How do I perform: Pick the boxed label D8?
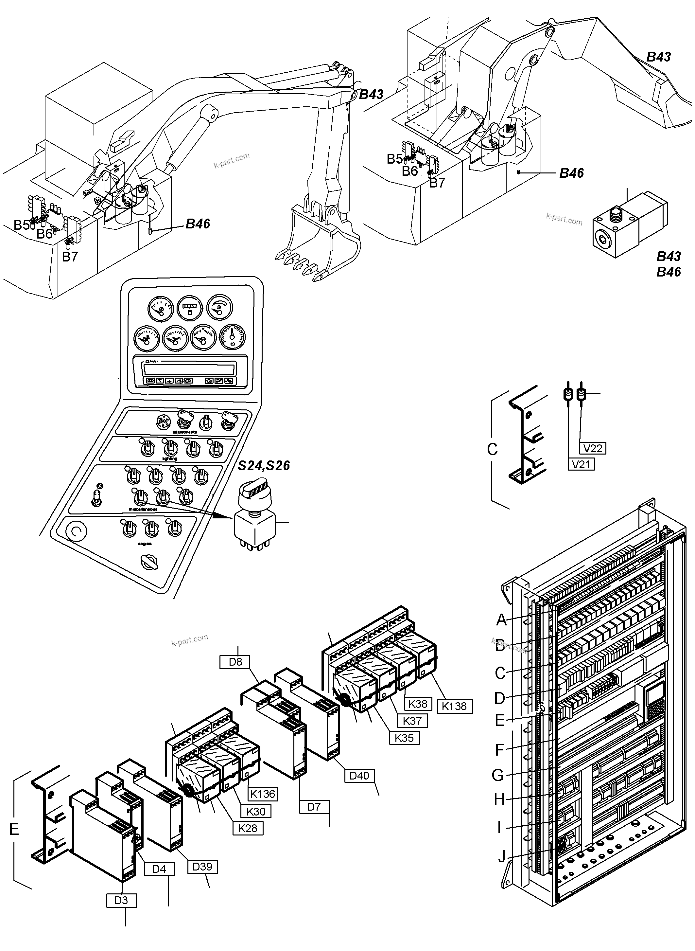235,661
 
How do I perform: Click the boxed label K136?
263,794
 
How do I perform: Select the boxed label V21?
581,464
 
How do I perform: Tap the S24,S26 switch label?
264,466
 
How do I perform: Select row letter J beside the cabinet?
501,856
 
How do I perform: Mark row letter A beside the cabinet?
501,620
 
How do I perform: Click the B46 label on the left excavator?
198,224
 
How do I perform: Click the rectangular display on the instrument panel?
189,369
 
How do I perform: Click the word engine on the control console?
144,544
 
